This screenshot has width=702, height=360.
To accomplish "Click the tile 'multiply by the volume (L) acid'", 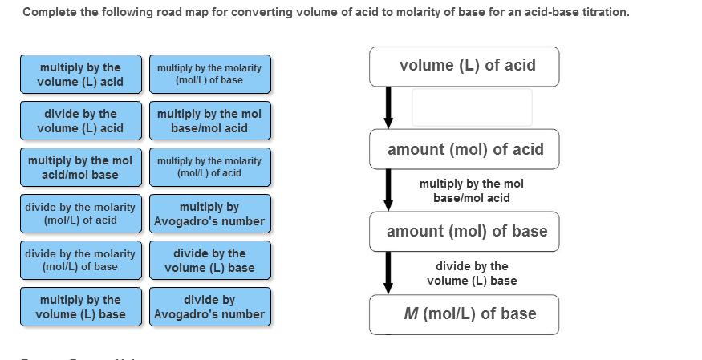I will [80, 74].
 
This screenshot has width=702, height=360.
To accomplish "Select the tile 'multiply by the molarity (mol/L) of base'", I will [209, 74].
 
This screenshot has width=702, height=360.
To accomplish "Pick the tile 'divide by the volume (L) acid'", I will [80, 120].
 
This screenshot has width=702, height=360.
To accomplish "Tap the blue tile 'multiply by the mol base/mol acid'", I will [209, 120].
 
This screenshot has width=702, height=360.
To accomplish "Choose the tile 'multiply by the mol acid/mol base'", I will [80, 167].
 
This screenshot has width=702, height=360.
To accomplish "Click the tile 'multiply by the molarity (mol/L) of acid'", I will [209, 167].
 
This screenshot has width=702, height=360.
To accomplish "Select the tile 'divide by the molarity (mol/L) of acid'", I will [80, 213].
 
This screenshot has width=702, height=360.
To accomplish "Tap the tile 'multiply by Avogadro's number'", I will [209, 213].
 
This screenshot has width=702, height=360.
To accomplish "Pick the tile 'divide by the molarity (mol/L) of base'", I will [80, 260].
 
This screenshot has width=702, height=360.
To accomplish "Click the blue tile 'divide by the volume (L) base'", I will [209, 260].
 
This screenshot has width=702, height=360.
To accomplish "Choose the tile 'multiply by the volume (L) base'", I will [80, 306].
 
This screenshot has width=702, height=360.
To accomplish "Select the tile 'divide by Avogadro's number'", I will [209, 306].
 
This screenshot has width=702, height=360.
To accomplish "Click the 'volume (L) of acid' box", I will [465, 67].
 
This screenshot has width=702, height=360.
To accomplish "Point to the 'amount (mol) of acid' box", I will [465, 149].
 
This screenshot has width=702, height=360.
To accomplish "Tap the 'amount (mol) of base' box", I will [465, 232].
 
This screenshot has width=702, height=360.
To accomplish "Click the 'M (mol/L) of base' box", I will [465, 314].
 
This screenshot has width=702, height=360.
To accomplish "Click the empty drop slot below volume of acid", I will [472, 107].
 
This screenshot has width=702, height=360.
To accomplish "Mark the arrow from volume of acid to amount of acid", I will [388, 107].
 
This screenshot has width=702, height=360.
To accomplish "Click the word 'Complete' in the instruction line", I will [47, 13].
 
